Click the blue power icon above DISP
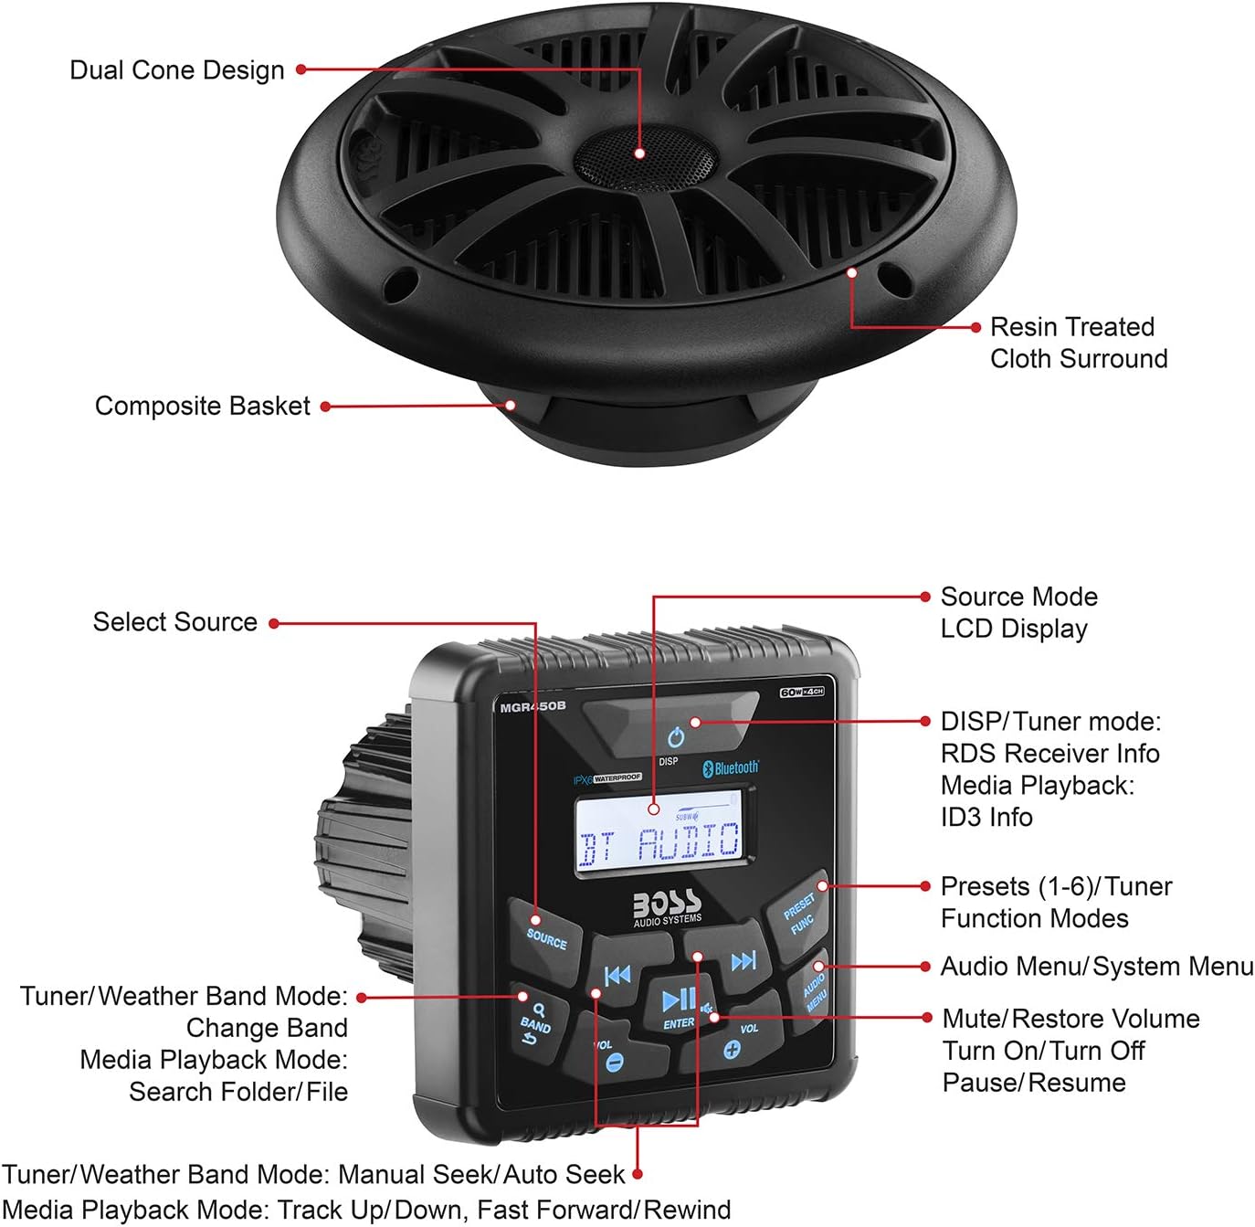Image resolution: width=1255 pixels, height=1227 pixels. pos(675,737)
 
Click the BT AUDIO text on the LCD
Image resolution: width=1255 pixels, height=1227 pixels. pos(659,842)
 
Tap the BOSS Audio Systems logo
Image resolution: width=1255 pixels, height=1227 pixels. pos(668,907)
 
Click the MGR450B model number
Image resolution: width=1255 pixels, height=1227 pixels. pos(533,706)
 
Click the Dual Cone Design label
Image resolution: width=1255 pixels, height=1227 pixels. pos(177,70)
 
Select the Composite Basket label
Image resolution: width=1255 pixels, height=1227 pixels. pos(203,406)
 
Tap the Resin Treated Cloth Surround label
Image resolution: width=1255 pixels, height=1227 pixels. pos(1078,343)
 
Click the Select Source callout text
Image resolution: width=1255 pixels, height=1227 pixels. pos(175,622)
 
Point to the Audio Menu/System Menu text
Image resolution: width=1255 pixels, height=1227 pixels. pos(1097,967)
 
